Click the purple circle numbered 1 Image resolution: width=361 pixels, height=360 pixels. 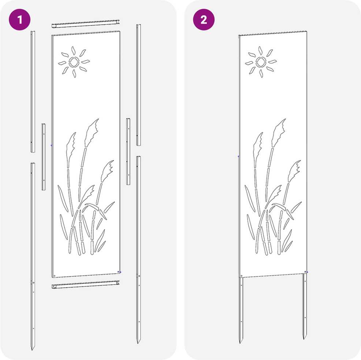tap(19, 19)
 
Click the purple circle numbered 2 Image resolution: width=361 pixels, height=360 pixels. tap(204, 19)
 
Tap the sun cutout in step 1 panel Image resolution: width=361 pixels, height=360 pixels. tap(74, 62)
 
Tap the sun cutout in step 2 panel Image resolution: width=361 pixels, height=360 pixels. tap(261, 62)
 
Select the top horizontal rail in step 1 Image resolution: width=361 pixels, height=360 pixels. tap(86, 24)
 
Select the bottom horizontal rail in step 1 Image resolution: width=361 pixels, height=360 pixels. tap(86, 285)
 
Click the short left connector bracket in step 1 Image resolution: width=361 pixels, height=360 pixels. tap(43, 157)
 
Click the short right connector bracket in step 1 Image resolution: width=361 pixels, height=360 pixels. tap(128, 152)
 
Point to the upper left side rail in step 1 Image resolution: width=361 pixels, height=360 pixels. tap(33, 92)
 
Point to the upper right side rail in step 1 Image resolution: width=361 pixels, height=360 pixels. tap(139, 85)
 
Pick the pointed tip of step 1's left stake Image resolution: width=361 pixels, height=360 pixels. tap(33, 349)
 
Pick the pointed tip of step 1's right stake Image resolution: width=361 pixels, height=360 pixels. tap(138, 342)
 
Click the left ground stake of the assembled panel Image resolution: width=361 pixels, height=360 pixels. tap(241, 310)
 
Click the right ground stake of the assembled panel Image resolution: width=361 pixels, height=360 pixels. tap(305, 307)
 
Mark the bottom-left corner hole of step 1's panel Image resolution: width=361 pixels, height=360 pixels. tap(54, 276)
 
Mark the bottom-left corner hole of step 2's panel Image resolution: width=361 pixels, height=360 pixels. tap(241, 276)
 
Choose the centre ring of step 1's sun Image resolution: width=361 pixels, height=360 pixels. tap(74, 62)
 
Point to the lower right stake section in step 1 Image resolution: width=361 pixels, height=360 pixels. tap(138, 250)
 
